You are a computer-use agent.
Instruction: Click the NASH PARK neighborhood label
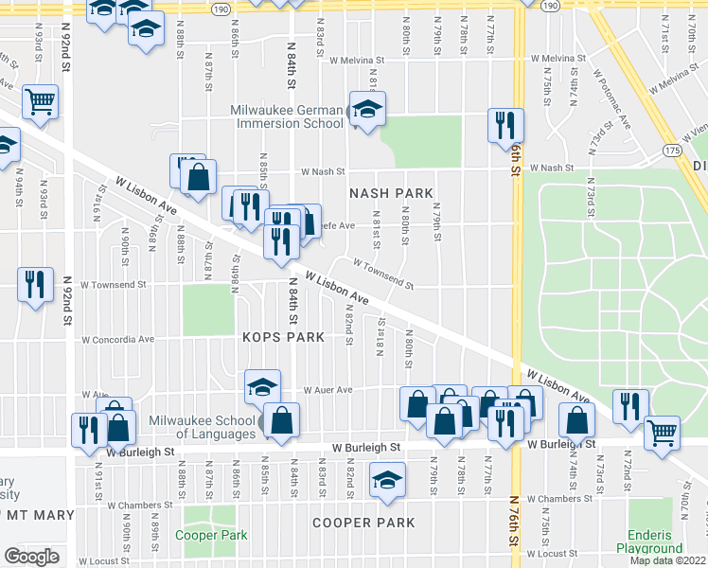tap(391, 193)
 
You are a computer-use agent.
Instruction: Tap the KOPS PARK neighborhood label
tap(283, 337)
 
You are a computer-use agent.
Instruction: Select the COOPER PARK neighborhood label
tap(364, 523)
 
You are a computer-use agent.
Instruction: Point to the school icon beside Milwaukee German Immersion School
tap(367, 110)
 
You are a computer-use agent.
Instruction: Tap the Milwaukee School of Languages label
tap(201, 427)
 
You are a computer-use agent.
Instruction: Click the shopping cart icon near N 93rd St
tap(40, 101)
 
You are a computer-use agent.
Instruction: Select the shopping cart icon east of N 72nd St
tap(662, 433)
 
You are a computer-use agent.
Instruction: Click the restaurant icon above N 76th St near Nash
tap(505, 125)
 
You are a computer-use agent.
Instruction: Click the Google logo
tap(31, 556)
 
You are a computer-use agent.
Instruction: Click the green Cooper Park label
tap(211, 535)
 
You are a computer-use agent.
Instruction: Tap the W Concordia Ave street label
tap(117, 339)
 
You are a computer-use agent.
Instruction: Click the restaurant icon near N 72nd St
tap(630, 406)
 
